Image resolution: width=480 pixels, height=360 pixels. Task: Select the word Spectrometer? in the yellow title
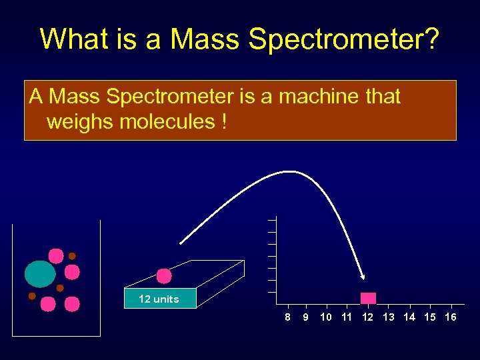pyautogui.click(x=344, y=39)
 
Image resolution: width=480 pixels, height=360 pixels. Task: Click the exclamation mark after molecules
pyautogui.click(x=220, y=122)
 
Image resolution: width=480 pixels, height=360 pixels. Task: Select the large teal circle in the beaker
pyautogui.click(x=40, y=273)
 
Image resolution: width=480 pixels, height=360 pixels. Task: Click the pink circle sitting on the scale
pyautogui.click(x=164, y=276)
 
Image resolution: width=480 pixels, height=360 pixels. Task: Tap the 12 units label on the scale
pyautogui.click(x=159, y=299)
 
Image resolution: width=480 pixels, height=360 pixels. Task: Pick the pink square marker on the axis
pyautogui.click(x=368, y=299)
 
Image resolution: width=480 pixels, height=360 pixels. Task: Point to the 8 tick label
pyautogui.click(x=287, y=317)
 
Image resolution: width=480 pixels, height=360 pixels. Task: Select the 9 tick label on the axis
pyautogui.click(x=305, y=317)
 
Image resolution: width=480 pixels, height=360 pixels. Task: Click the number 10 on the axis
pyautogui.click(x=326, y=317)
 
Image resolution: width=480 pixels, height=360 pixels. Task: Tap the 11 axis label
pyautogui.click(x=347, y=317)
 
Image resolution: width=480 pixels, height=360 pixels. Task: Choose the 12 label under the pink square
pyautogui.click(x=367, y=317)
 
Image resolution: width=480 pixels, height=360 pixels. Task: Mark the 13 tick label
pyautogui.click(x=389, y=317)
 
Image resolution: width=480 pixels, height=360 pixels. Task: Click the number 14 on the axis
pyautogui.click(x=409, y=317)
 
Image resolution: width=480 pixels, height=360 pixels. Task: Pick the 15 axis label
pyautogui.click(x=430, y=317)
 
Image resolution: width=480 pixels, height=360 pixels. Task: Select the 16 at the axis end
pyautogui.click(x=451, y=317)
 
